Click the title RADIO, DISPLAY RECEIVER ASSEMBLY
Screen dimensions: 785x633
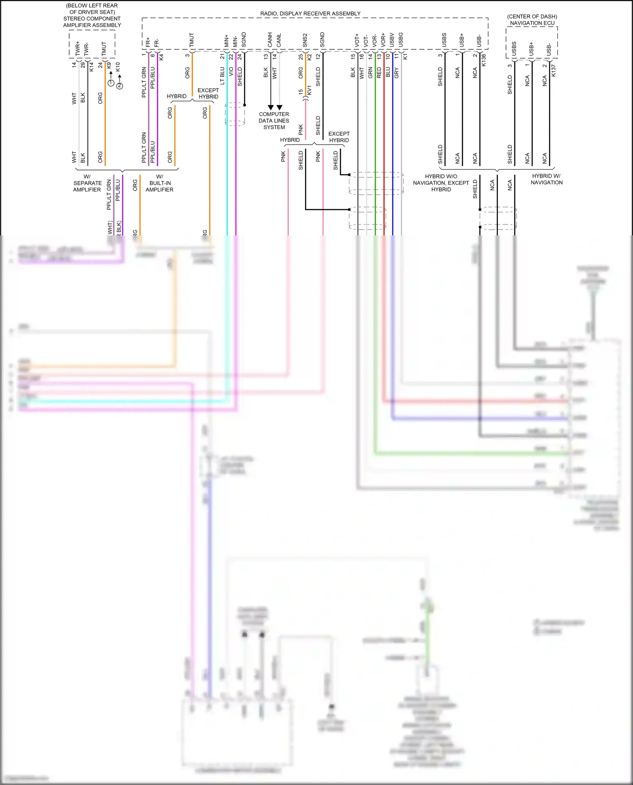310,13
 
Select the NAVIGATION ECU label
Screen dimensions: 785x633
532,23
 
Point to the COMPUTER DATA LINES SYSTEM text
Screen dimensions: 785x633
274,121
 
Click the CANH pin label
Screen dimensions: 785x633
270,40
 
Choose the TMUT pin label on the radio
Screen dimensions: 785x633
192,40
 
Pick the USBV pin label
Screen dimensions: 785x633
392,40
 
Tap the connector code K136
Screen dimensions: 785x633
484,60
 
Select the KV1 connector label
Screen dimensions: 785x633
309,90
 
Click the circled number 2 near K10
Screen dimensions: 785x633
120,86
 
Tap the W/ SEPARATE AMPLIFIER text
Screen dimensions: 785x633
87,183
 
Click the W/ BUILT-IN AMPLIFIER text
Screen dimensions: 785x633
160,183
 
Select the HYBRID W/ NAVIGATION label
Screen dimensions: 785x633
547,179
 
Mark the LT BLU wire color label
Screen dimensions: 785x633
222,76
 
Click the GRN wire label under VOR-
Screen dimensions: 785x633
371,73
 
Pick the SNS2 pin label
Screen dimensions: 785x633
305,40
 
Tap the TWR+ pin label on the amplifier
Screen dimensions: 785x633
78,48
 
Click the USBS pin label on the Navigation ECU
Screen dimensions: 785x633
514,49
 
